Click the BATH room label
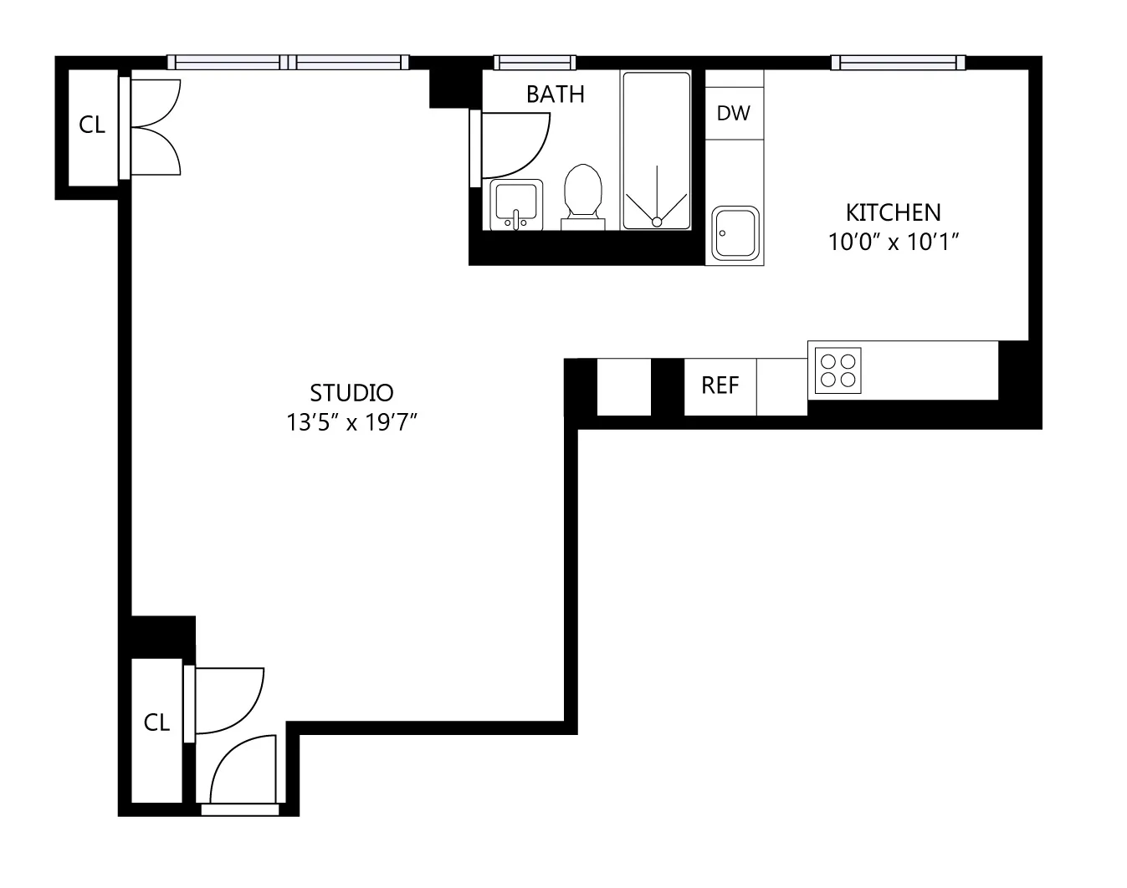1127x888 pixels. tap(555, 94)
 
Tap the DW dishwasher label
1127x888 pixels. tap(734, 113)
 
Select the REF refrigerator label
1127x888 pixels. tap(720, 385)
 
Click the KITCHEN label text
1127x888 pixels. tap(893, 212)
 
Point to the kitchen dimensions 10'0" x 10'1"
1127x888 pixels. tap(893, 242)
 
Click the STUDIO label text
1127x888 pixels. tap(351, 392)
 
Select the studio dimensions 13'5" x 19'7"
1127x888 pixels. tap(351, 423)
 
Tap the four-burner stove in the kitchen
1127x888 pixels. tap(838, 370)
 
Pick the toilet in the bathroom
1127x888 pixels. tap(583, 196)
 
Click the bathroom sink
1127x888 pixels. tap(516, 204)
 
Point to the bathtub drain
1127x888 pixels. tap(657, 222)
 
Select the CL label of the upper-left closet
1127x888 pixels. tap(92, 125)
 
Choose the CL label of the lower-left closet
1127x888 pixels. tap(156, 722)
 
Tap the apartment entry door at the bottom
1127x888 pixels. tap(241, 773)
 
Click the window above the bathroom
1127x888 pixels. tap(534, 63)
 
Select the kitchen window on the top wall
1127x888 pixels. tap(898, 63)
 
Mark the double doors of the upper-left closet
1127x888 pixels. tap(155, 127)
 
